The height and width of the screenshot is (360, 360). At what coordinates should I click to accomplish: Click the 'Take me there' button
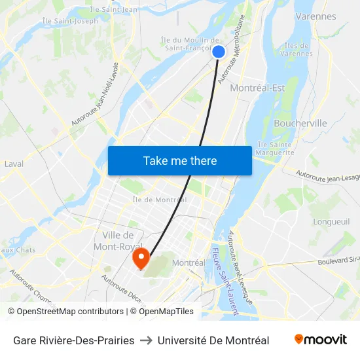point(180,160)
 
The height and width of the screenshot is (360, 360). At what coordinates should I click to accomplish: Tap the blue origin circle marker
point(219,52)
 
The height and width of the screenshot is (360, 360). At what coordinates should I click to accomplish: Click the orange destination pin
point(140,257)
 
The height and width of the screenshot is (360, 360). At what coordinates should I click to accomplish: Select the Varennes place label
point(315,16)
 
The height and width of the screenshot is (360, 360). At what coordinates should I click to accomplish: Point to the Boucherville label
point(300,123)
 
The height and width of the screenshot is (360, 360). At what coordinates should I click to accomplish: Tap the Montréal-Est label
point(258,88)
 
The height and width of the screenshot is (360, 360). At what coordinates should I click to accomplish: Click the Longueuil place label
point(332,222)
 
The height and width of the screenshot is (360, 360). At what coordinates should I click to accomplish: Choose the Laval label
point(14,164)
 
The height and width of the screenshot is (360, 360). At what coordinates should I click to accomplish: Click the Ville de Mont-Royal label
point(118,241)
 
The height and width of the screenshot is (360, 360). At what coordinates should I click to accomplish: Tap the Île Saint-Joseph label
point(70,21)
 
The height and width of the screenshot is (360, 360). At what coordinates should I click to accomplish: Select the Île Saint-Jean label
point(113,9)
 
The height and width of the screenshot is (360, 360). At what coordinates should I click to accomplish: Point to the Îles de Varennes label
point(297,49)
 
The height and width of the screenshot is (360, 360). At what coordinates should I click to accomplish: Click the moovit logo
point(320,340)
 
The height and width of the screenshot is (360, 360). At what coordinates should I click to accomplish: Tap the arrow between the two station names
point(146,340)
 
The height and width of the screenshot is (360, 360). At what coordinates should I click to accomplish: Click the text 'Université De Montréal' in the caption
point(213,340)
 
